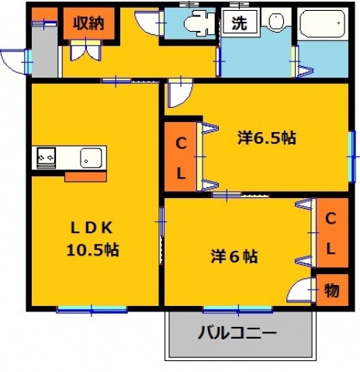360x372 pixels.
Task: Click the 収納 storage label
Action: click(88, 23)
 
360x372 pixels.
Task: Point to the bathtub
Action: click(323, 26)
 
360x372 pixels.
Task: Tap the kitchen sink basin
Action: click(92, 158)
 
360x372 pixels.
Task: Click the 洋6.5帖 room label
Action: click(265, 138)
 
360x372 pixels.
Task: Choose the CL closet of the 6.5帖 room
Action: click(179, 158)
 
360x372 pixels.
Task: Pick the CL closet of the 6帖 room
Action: click(330, 233)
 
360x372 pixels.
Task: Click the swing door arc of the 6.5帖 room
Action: click(178, 94)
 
